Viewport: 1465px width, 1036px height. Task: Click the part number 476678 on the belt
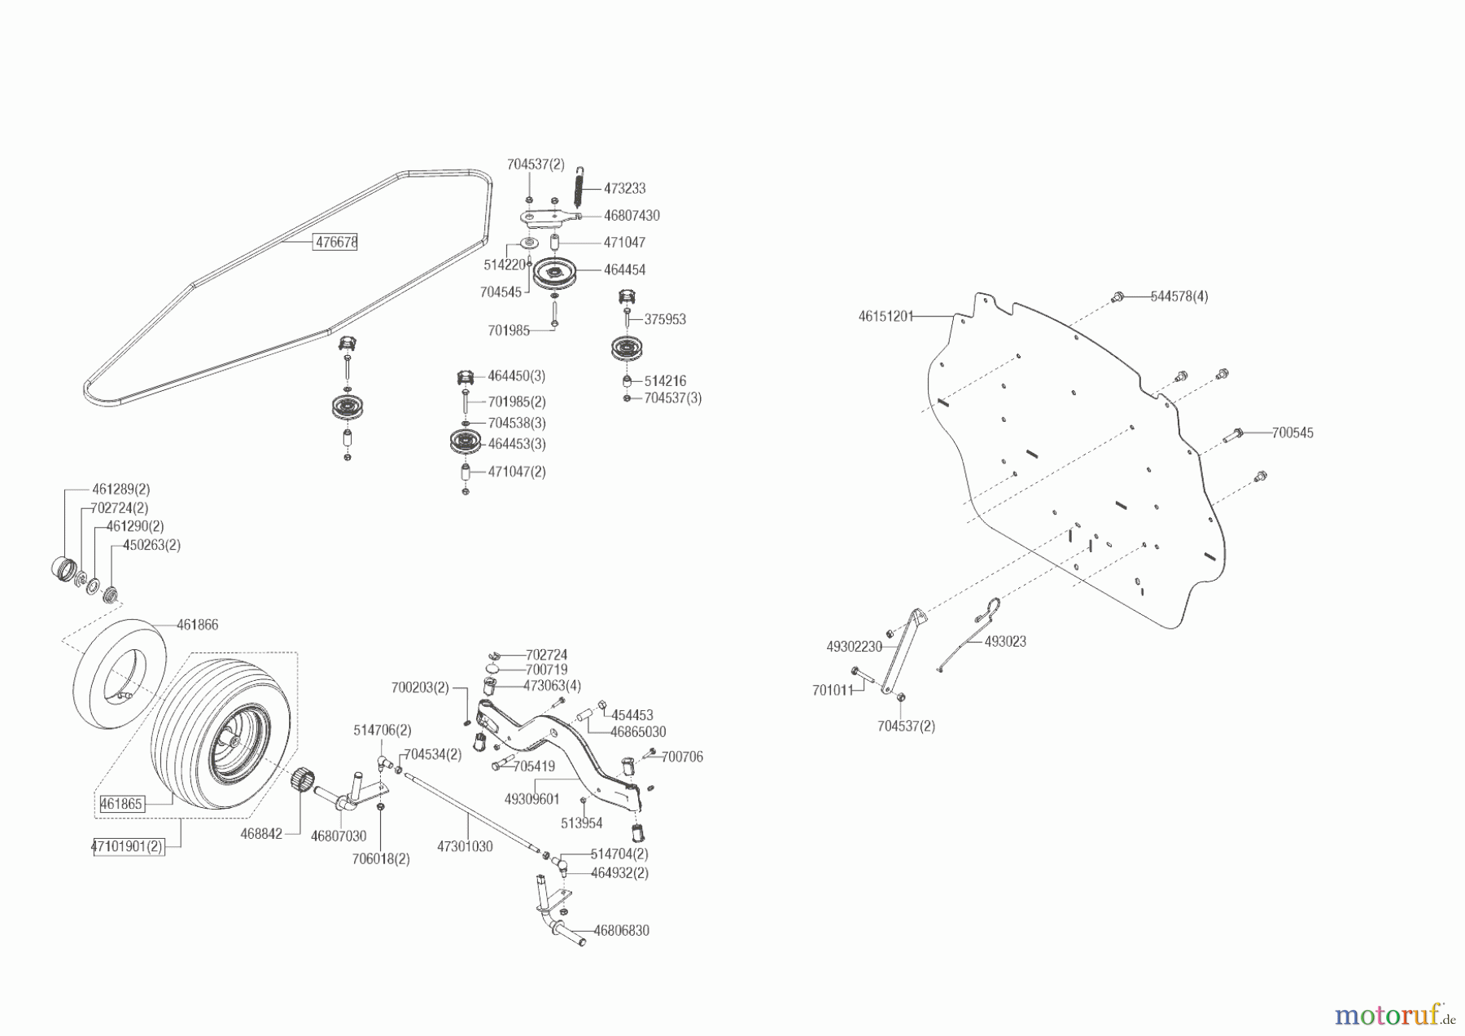336,242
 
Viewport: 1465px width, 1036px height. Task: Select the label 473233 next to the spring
624,188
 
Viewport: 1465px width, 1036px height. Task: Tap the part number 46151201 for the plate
886,316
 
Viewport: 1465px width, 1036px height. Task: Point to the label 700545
1292,433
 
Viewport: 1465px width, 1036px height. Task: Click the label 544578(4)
1179,296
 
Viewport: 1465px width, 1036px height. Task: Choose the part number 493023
1005,642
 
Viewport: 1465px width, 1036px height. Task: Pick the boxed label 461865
121,804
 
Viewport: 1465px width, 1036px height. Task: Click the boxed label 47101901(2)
127,846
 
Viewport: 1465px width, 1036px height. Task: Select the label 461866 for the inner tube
198,626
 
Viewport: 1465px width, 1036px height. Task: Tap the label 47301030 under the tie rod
465,847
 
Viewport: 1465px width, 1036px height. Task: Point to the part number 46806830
621,931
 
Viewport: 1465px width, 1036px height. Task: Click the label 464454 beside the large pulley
624,270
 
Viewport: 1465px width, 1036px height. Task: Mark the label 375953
665,319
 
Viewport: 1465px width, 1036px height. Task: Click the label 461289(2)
120,489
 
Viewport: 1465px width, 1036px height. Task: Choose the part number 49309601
531,800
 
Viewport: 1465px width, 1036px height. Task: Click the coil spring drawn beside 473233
580,187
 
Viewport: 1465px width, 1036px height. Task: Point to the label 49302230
854,647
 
